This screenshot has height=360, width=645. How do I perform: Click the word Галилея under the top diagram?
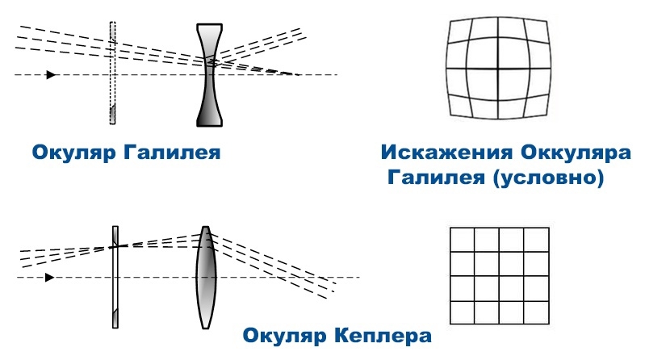172,153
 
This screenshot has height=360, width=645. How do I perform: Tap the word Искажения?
446,152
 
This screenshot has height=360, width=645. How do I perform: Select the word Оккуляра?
576,153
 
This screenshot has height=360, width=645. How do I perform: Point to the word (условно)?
548,178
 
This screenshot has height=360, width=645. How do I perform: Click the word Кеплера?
383,335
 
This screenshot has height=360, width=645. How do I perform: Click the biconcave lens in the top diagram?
209,75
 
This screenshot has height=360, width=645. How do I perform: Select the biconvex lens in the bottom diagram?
205,278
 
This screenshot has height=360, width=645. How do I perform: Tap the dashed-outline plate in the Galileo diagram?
113,73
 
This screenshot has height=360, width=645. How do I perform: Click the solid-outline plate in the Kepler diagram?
115,277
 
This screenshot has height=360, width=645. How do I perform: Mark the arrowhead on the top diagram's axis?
51,75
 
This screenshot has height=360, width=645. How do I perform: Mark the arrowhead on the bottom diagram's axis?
50,278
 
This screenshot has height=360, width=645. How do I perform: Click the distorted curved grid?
499,68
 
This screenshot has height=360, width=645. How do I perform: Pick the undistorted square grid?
500,276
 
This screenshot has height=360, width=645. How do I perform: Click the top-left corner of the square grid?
450,227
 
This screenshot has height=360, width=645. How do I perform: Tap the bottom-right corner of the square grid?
549,324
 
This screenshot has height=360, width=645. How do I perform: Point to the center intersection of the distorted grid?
498,68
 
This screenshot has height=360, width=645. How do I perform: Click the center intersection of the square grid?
500,276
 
